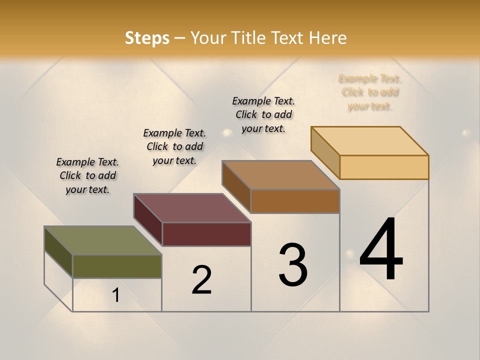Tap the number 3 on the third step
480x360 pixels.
point(292,265)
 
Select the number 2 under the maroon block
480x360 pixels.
point(201,280)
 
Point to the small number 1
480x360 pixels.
point(116,295)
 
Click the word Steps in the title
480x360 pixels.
point(147,38)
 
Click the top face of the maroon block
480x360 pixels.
point(192,208)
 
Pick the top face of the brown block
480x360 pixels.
point(281,175)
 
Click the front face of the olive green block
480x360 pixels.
point(117,266)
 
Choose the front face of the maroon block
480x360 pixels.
point(206,234)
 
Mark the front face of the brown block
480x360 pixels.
point(295,201)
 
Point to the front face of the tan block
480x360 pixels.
point(384,167)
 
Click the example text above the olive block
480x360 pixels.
point(87,175)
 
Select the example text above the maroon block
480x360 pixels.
point(174,146)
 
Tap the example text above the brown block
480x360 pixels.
point(263,114)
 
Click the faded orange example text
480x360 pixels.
point(370,92)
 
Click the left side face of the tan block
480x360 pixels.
point(325,152)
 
